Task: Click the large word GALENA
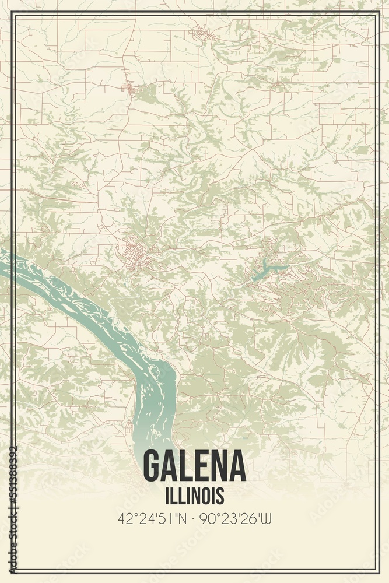(194, 465)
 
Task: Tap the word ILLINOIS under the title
(194, 496)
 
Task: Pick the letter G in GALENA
(153, 465)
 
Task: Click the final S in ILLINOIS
(220, 496)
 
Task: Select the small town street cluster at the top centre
(204, 34)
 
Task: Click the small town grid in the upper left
(129, 89)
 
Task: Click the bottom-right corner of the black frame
(379, 573)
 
